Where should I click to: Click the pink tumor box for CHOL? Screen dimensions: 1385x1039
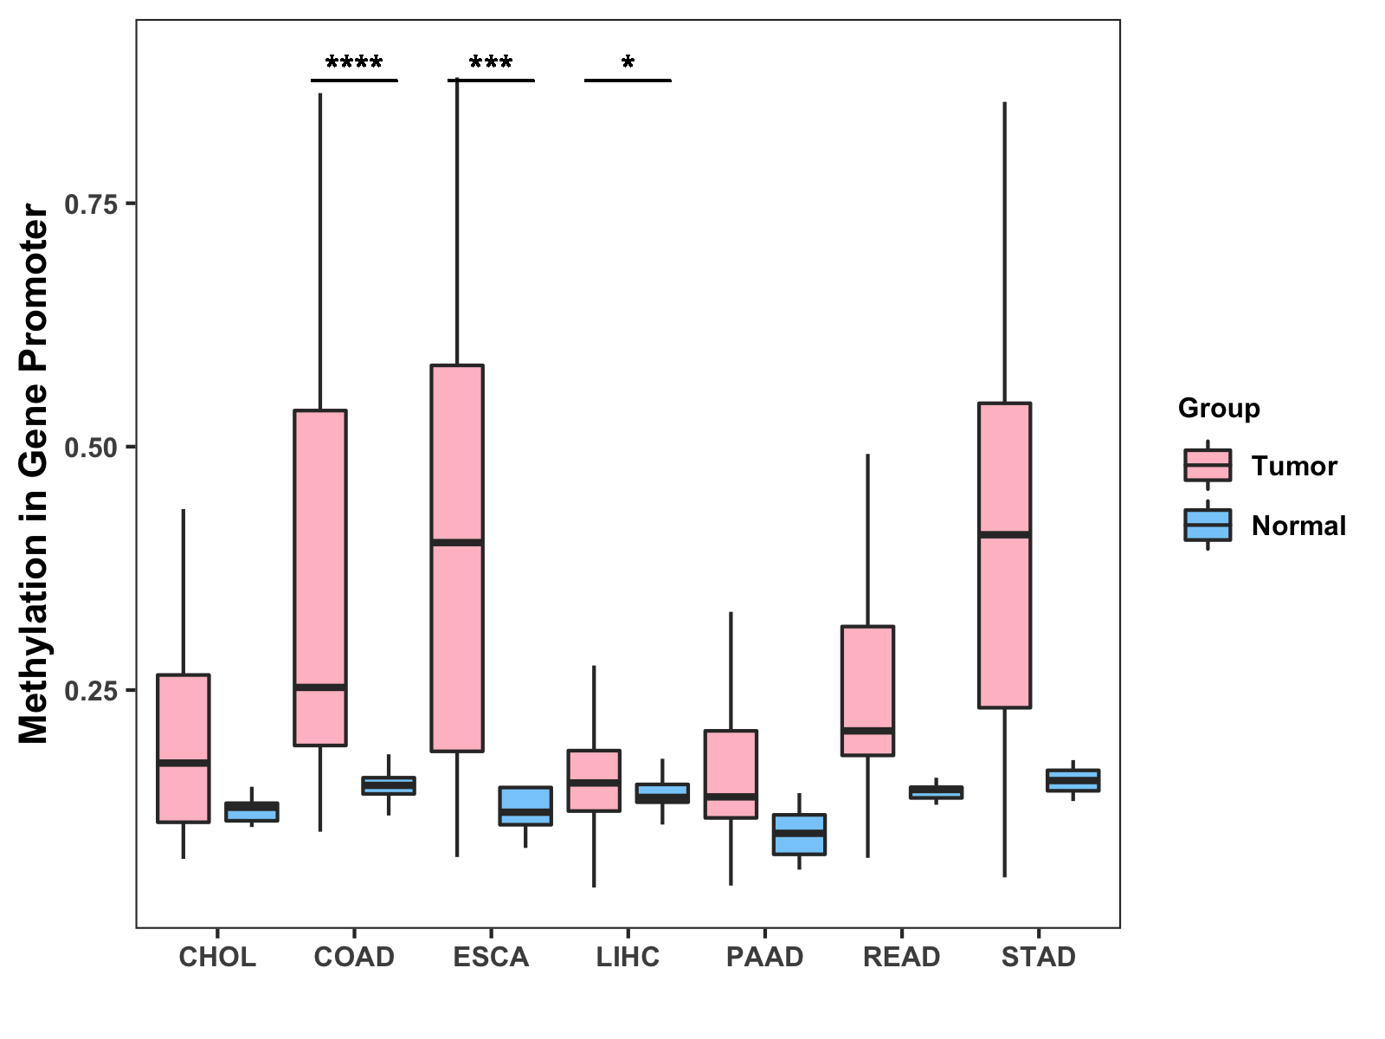click(x=183, y=748)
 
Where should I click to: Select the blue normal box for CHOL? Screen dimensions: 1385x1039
click(x=252, y=812)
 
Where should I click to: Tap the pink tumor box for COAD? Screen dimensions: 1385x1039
click(x=320, y=578)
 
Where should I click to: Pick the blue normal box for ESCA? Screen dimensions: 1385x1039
click(x=525, y=805)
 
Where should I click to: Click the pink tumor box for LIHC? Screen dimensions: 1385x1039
click(x=594, y=780)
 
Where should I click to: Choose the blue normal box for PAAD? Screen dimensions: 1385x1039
click(x=799, y=835)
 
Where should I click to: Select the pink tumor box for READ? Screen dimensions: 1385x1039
click(x=867, y=691)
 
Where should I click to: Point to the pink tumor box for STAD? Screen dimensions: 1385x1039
click(x=1004, y=555)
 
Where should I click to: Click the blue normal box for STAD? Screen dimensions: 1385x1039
click(x=1073, y=780)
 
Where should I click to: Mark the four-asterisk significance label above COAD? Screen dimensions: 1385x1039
click(x=354, y=61)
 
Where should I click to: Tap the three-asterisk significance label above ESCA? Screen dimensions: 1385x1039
click(x=491, y=61)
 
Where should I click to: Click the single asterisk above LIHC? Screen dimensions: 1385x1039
click(x=628, y=61)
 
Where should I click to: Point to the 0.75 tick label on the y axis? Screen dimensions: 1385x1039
click(x=92, y=204)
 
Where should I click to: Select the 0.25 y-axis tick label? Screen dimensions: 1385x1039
click(x=92, y=691)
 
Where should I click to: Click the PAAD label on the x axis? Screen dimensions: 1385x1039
click(x=764, y=957)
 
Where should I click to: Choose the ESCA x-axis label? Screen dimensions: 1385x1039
click(x=491, y=957)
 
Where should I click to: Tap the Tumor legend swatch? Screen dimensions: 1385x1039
click(x=1208, y=466)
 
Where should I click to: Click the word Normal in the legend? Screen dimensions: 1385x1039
click(x=1298, y=526)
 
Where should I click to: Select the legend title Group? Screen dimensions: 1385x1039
click(x=1219, y=408)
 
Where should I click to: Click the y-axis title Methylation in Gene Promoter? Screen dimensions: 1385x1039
click(x=33, y=474)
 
